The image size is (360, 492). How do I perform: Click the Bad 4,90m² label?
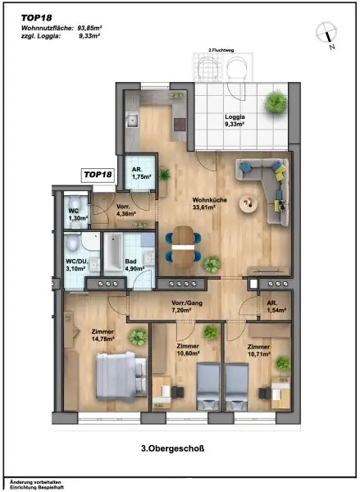tap(134, 265)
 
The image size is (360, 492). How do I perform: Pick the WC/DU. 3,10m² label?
tap(75, 265)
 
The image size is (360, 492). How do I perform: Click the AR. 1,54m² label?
tap(272, 307)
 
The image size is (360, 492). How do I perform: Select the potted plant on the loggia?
tap(275, 104)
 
